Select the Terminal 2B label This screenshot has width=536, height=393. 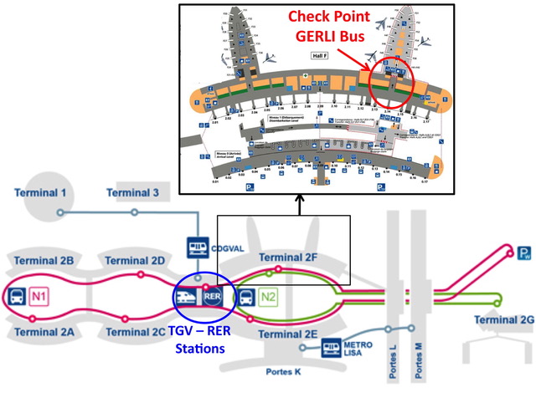coord(44,261)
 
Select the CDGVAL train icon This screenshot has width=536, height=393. coord(198,248)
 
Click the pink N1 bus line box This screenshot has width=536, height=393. coord(39,296)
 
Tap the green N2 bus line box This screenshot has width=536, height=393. coord(267,296)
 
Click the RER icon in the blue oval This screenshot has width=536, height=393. coord(212,296)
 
